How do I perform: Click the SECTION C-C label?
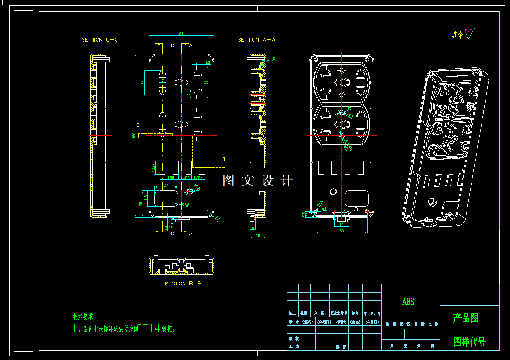pyautogui.click(x=100, y=40)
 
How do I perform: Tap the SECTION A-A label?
pyautogui.click(x=256, y=40)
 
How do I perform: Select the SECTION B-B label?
pyautogui.click(x=183, y=284)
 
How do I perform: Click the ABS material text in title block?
pyautogui.click(x=408, y=302)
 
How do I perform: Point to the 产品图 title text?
pyautogui.click(x=466, y=318)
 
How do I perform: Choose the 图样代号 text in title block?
pyautogui.click(x=469, y=342)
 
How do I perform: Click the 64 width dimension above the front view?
pyautogui.click(x=181, y=34)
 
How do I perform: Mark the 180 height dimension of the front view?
pyautogui.click(x=134, y=136)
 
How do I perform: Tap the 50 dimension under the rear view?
pyautogui.click(x=341, y=231)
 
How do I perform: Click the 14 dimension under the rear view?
pyautogui.click(x=341, y=224)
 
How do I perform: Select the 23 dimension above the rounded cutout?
pyautogui.click(x=166, y=185)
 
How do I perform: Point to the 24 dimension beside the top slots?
pyautogui.click(x=142, y=82)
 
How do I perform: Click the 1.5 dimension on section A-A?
pyautogui.click(x=272, y=59)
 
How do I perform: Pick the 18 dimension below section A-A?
pyautogui.click(x=258, y=235)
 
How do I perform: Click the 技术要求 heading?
pyautogui.click(x=84, y=317)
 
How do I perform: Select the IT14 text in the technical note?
pyautogui.click(x=150, y=329)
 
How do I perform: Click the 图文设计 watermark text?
pyautogui.click(x=258, y=181)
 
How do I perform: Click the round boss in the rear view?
pyautogui.click(x=334, y=191)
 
